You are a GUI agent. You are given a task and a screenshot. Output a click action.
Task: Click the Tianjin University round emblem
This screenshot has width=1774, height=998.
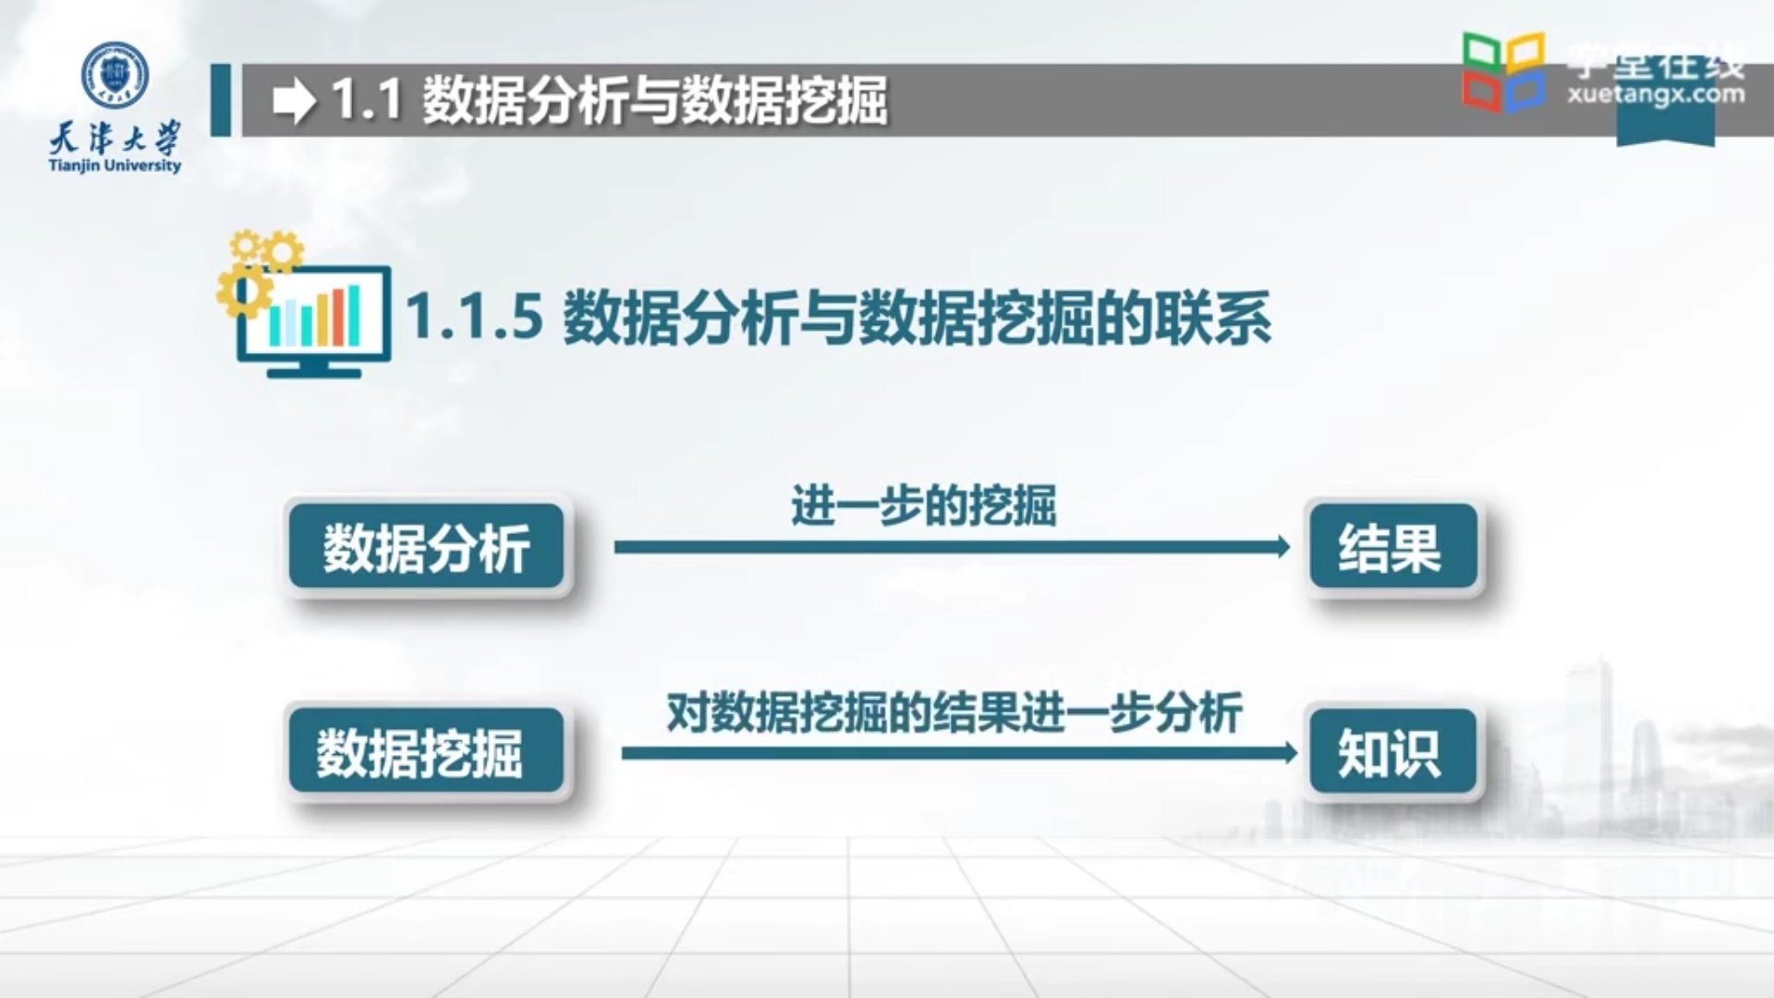(x=115, y=73)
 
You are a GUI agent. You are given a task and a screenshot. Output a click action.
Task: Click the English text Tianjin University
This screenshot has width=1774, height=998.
(x=115, y=166)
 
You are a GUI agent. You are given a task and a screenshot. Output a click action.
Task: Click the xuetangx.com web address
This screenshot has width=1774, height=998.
(x=1655, y=94)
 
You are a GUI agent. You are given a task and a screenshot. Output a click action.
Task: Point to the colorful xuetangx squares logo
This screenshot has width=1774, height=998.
(x=1503, y=71)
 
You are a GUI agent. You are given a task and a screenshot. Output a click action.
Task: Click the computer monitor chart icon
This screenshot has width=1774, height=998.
(x=313, y=320)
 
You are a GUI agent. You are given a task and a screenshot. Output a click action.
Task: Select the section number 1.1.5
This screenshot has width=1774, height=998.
(x=474, y=316)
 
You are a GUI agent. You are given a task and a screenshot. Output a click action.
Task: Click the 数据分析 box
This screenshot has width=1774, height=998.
(x=426, y=547)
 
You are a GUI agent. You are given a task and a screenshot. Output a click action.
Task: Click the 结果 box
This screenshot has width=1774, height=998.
(x=1391, y=547)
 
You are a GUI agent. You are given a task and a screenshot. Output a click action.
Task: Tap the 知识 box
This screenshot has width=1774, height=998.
(x=1391, y=751)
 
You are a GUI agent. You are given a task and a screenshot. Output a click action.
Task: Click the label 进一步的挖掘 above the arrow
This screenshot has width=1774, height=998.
(x=923, y=505)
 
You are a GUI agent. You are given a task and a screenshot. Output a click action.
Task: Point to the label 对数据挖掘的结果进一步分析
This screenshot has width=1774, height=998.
(x=954, y=712)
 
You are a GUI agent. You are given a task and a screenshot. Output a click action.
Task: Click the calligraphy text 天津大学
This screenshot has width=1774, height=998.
(x=115, y=140)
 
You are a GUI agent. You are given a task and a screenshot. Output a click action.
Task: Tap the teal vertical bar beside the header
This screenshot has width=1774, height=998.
(x=220, y=100)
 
